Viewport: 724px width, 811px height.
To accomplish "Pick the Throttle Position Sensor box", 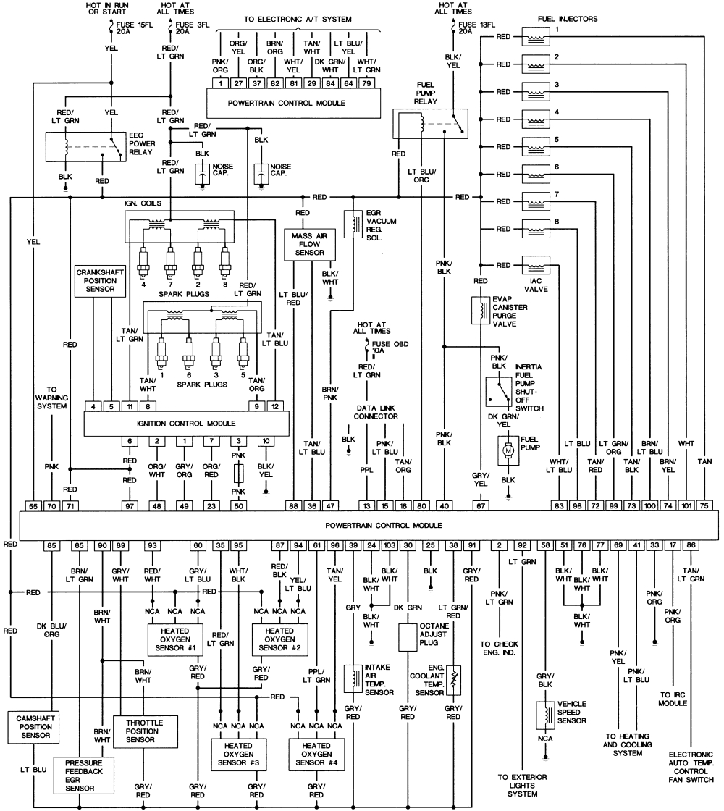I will click(x=145, y=731).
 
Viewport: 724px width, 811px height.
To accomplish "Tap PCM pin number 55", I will click(x=33, y=506).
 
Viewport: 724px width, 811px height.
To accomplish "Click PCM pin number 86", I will click(x=692, y=545).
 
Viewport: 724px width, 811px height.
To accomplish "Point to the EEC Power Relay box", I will click(x=84, y=147).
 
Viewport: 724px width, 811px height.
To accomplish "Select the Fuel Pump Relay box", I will click(x=431, y=124).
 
